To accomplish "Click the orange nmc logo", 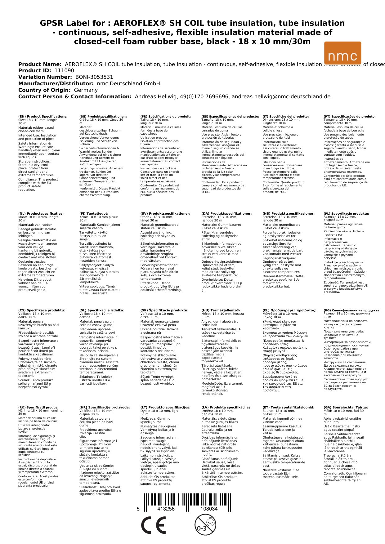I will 342,53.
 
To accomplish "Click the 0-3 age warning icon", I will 205,524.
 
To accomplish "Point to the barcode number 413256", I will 166,509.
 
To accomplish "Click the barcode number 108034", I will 209,509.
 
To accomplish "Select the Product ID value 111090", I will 64,71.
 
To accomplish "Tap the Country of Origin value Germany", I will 86,90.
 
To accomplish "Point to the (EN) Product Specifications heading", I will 43,117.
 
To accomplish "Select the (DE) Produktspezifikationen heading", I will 103,117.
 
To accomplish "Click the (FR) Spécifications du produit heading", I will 165,117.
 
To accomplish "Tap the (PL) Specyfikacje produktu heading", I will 346,214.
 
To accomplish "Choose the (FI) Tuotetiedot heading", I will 94,214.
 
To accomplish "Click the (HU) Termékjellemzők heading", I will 221,310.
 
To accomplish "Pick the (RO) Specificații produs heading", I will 38,408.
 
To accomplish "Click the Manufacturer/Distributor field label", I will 56,84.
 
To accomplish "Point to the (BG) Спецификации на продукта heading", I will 352,310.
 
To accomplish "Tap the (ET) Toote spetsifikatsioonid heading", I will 288,408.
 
